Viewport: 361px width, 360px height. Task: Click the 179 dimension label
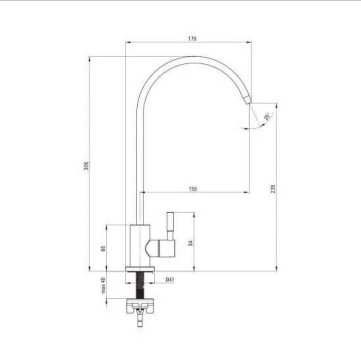tap(192, 39)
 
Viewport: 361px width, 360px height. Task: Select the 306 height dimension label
tap(86, 166)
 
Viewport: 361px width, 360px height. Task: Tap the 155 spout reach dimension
tap(193, 188)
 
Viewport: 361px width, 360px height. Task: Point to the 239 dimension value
tap(273, 188)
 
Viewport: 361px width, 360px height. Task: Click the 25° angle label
tap(267, 116)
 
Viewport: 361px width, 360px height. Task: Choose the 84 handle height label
tap(190, 243)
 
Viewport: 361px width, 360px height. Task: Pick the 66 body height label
tap(103, 248)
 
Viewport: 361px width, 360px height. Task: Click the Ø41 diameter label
tap(170, 280)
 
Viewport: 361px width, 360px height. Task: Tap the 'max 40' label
tap(103, 285)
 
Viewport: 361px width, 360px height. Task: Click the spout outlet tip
tap(248, 100)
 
